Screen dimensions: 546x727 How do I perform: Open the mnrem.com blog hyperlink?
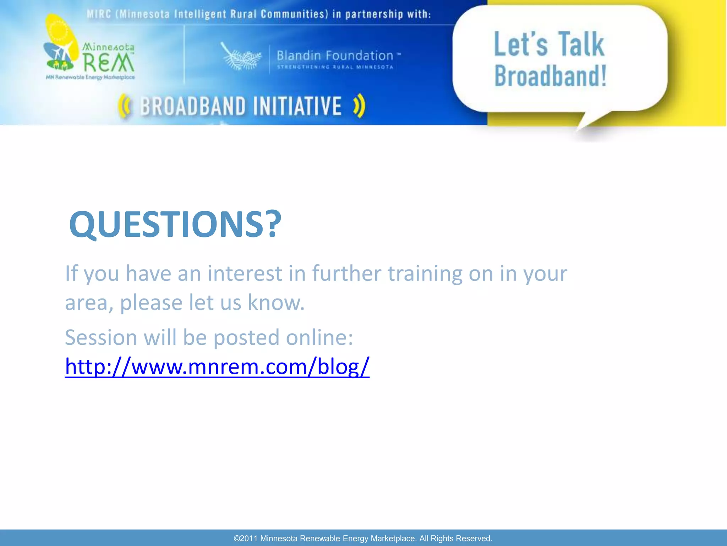(x=217, y=366)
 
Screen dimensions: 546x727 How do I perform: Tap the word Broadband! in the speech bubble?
(x=550, y=76)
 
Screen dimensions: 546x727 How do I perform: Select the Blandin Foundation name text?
(x=335, y=55)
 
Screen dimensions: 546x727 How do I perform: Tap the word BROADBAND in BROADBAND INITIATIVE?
(x=193, y=106)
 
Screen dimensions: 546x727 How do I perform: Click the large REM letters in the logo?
(x=108, y=63)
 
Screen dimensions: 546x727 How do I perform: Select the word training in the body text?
(x=425, y=273)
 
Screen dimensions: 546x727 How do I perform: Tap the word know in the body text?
(x=275, y=303)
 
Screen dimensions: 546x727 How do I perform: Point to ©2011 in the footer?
(x=245, y=539)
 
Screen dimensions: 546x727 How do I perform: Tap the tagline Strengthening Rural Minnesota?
(x=335, y=67)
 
